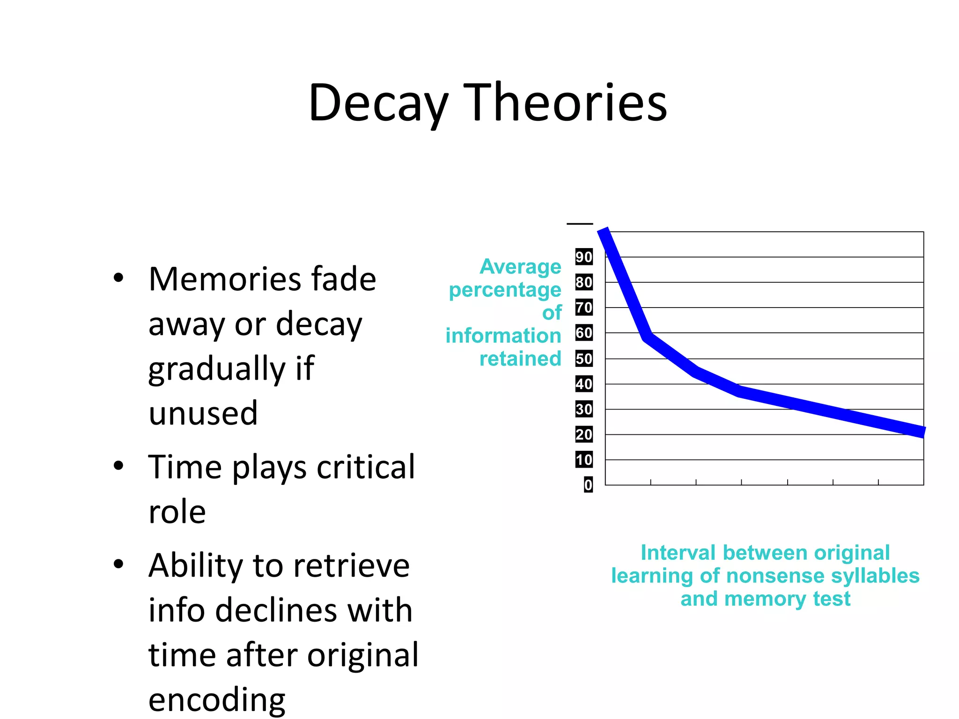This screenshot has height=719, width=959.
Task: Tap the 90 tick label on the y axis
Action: [x=584, y=257]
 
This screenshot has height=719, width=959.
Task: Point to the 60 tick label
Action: [x=584, y=333]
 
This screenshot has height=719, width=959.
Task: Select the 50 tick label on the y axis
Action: [x=584, y=359]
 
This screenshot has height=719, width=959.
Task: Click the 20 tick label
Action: [x=584, y=434]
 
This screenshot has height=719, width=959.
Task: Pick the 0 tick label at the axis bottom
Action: [x=588, y=485]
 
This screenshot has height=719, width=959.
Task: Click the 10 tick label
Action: [x=584, y=460]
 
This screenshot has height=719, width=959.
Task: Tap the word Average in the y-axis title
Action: [x=520, y=266]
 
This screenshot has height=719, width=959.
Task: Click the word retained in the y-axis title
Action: [x=520, y=359]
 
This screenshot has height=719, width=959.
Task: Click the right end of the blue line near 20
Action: [x=922, y=432]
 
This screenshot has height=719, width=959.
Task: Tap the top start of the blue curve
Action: [x=604, y=231]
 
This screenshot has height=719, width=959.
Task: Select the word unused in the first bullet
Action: [x=203, y=413]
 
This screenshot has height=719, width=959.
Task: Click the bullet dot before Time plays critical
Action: [x=118, y=466]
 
